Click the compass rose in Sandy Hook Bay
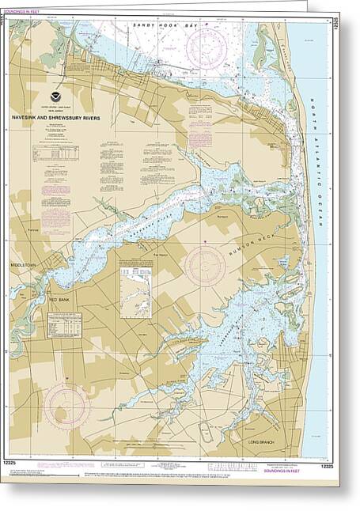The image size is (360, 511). pos(207,49)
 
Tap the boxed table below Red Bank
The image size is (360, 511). pos(64,325)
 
